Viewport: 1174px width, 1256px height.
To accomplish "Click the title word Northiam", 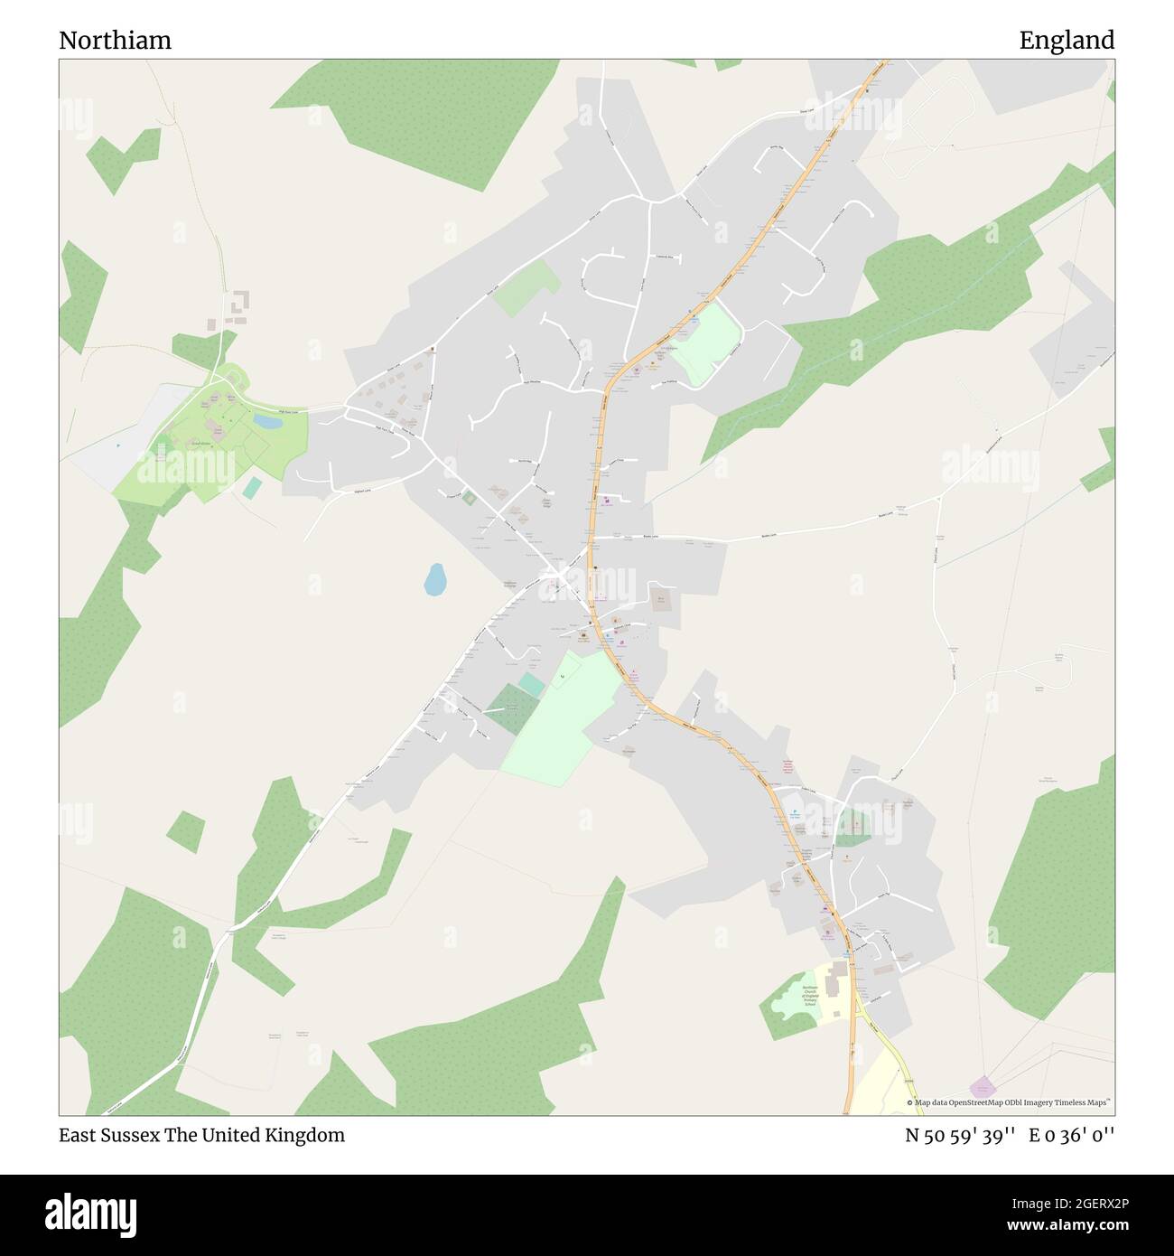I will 115,41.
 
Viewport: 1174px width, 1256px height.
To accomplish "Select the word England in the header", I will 1067,41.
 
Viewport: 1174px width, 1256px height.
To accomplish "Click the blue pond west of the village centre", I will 435,579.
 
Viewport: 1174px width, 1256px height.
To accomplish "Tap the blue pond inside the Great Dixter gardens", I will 266,421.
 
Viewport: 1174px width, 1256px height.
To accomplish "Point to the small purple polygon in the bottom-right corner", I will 983,1087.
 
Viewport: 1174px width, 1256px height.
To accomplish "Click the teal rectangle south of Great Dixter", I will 252,487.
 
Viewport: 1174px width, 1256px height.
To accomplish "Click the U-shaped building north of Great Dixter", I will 238,305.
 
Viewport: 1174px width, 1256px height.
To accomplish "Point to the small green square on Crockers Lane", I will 468,498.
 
